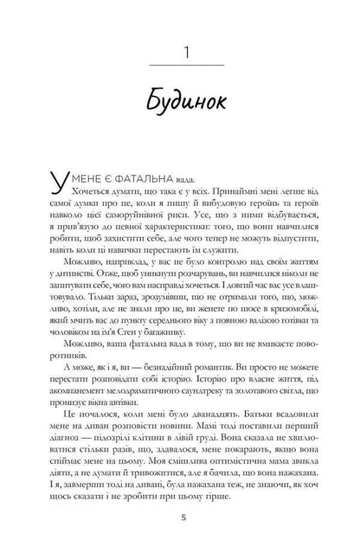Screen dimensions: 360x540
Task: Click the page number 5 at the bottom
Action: click(x=180, y=516)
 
